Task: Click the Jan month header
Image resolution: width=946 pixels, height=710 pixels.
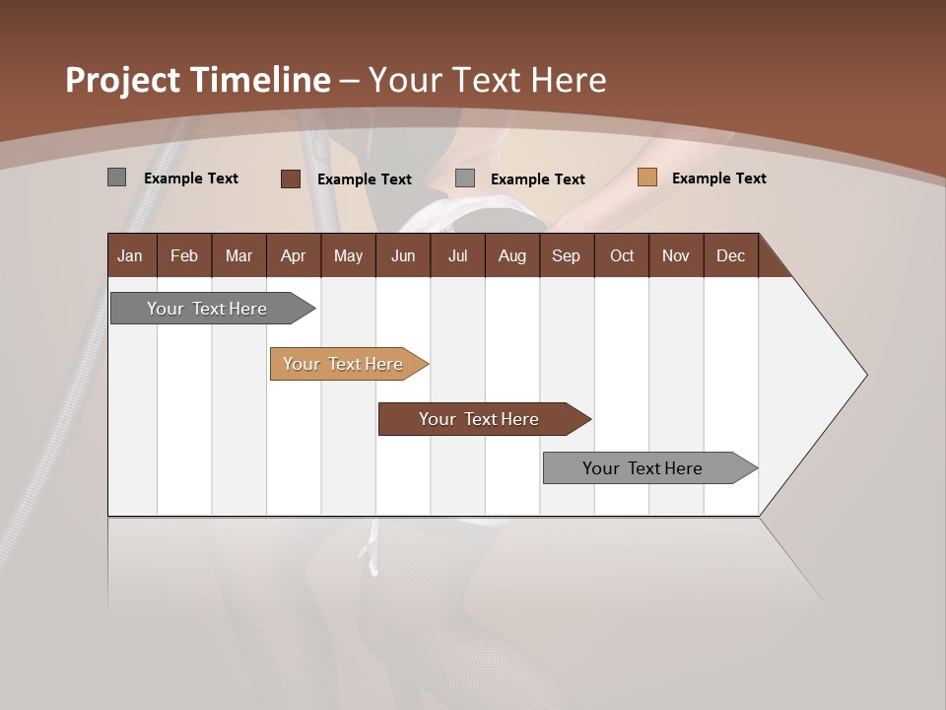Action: (131, 255)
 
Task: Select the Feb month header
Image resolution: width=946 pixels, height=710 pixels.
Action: (184, 255)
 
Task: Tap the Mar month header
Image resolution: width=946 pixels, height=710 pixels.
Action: (238, 255)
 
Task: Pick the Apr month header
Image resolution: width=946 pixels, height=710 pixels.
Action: (294, 255)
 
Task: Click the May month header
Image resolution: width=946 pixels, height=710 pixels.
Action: (348, 255)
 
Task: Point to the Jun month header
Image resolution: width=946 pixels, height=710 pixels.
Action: (403, 255)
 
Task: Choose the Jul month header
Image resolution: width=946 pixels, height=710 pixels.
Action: (457, 255)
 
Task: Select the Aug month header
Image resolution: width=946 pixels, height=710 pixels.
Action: (512, 255)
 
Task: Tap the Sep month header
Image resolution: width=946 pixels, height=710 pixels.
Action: (567, 255)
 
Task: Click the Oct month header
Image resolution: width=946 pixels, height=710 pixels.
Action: (622, 255)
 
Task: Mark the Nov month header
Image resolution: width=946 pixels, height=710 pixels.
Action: (676, 255)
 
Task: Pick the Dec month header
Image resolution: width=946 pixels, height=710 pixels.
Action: (731, 255)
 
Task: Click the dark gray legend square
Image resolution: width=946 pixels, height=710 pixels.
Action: (116, 177)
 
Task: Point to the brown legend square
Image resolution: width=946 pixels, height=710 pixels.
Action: (290, 178)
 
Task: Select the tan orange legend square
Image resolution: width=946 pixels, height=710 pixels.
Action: (646, 177)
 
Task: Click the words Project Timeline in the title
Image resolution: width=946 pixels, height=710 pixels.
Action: (197, 80)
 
